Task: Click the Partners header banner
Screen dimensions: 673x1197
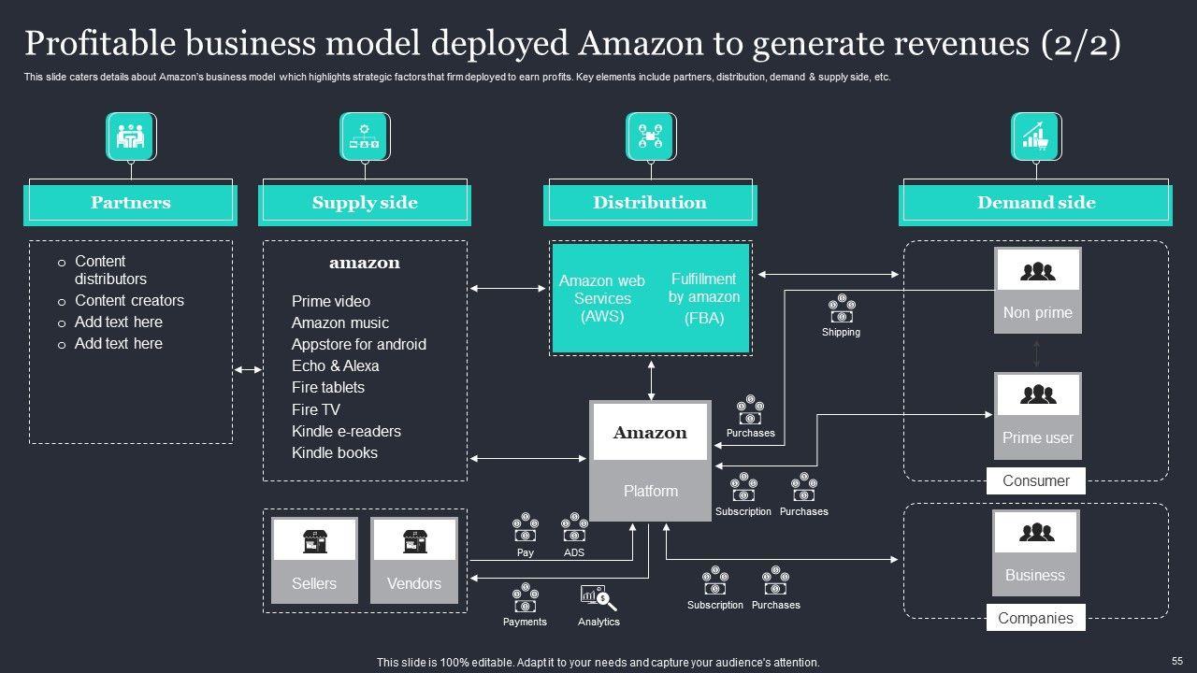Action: point(130,203)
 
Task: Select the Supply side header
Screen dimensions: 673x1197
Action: point(365,203)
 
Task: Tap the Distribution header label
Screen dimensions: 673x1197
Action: point(650,203)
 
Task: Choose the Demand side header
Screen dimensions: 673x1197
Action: point(1035,203)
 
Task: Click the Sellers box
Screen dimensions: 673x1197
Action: point(314,561)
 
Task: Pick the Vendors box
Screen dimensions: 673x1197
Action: point(413,561)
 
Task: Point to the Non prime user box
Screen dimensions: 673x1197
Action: point(1037,290)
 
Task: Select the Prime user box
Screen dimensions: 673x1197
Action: point(1037,415)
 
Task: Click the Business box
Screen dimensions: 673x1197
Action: point(1035,552)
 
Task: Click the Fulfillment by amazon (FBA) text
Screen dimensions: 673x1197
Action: point(703,298)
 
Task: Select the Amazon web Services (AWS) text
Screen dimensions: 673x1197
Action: point(602,298)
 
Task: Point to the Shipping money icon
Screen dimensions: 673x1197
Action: point(841,309)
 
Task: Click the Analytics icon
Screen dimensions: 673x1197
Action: point(598,597)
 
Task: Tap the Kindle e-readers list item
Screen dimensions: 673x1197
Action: point(346,431)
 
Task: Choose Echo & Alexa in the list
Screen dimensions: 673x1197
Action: point(335,365)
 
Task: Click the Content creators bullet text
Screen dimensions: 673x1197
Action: point(129,300)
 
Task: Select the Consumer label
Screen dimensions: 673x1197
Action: point(1035,480)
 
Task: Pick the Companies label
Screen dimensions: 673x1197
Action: point(1035,618)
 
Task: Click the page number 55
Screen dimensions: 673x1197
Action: point(1176,659)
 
